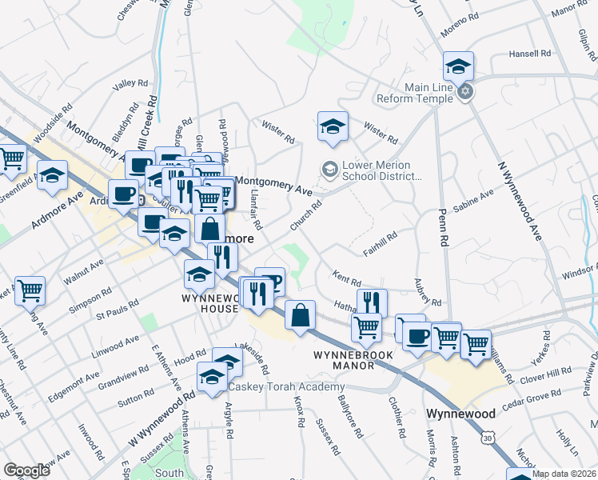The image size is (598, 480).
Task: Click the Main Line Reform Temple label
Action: tap(417, 93)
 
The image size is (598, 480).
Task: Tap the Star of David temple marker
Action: tap(465, 93)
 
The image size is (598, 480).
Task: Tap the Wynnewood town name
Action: tap(460, 414)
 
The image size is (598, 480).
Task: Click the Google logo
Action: tap(26, 470)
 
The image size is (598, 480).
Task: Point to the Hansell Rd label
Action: tap(530, 54)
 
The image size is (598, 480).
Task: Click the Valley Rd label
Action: tap(132, 83)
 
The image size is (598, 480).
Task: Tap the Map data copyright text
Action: tap(563, 474)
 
